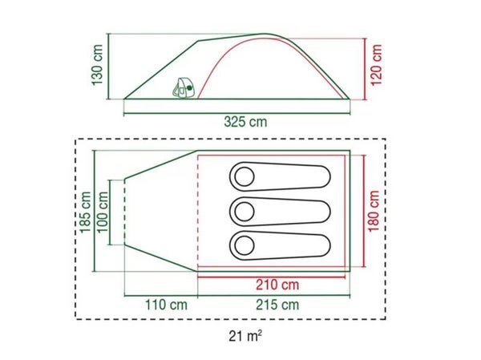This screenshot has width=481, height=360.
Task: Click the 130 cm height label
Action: coord(98,65)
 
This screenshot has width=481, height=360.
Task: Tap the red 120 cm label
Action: coord(377,65)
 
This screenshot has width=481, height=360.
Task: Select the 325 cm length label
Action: coord(245,122)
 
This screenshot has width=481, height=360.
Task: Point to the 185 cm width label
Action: coord(86,212)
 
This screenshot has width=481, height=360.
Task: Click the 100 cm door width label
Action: coord(103,212)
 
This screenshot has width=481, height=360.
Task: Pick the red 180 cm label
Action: coord(374,211)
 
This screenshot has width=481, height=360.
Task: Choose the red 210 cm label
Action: coord(277,285)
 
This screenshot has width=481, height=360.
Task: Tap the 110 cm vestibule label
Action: coord(166,305)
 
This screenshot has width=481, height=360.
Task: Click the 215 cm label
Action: coord(277,305)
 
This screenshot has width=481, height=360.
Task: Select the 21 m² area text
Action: coord(245,336)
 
